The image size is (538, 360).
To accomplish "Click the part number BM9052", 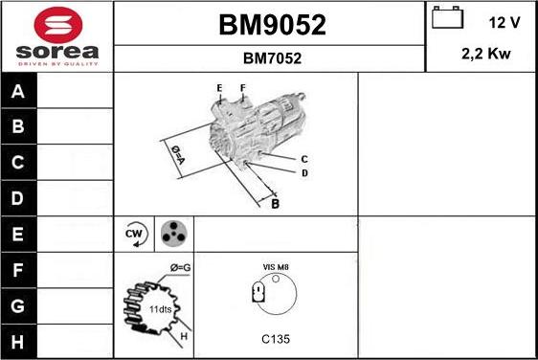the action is [272, 26].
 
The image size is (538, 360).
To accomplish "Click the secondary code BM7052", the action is [272, 58].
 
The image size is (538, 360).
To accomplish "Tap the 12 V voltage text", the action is [504, 21].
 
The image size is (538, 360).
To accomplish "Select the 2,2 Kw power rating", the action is [485, 55].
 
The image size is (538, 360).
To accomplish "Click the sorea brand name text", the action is [57, 50].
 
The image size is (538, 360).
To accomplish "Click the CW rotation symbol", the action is [134, 233].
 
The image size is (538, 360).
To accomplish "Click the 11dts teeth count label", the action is [161, 310].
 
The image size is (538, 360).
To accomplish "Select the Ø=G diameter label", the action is [180, 267].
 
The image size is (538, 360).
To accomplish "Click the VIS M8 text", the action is [276, 267].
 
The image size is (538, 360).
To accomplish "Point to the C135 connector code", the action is [276, 339].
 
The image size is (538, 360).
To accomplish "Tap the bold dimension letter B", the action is [275, 203].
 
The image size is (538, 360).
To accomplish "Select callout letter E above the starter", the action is [219, 89].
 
